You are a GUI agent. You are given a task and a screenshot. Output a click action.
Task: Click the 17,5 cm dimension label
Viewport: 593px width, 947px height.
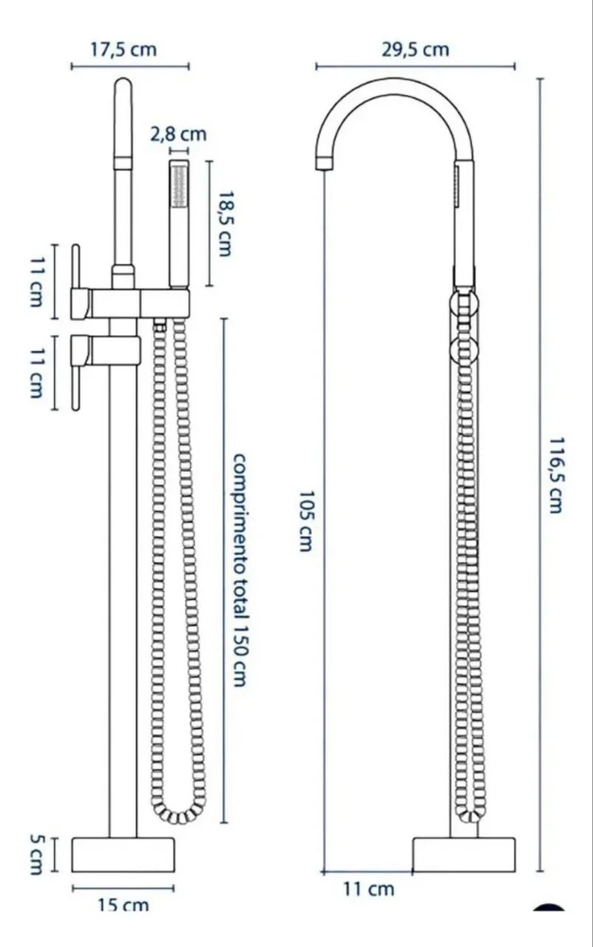pyautogui.click(x=123, y=50)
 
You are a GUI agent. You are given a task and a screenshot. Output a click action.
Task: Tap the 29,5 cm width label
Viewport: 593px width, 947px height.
pyautogui.click(x=416, y=50)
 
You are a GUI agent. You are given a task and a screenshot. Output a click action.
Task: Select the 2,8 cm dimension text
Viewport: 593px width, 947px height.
pyautogui.click(x=179, y=135)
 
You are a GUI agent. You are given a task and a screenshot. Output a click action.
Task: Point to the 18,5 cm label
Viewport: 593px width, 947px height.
pyautogui.click(x=224, y=223)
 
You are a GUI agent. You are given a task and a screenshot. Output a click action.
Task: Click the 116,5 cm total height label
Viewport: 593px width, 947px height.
pyautogui.click(x=556, y=475)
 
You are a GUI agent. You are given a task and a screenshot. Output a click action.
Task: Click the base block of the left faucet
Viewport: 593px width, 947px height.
pyautogui.click(x=123, y=855)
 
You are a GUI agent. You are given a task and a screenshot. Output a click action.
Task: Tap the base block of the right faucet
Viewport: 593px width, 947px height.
pyautogui.click(x=464, y=855)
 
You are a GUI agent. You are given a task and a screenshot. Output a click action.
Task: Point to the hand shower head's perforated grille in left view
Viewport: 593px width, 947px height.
pyautogui.click(x=179, y=186)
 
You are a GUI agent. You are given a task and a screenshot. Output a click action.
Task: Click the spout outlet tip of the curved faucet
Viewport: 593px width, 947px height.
pyautogui.click(x=325, y=162)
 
